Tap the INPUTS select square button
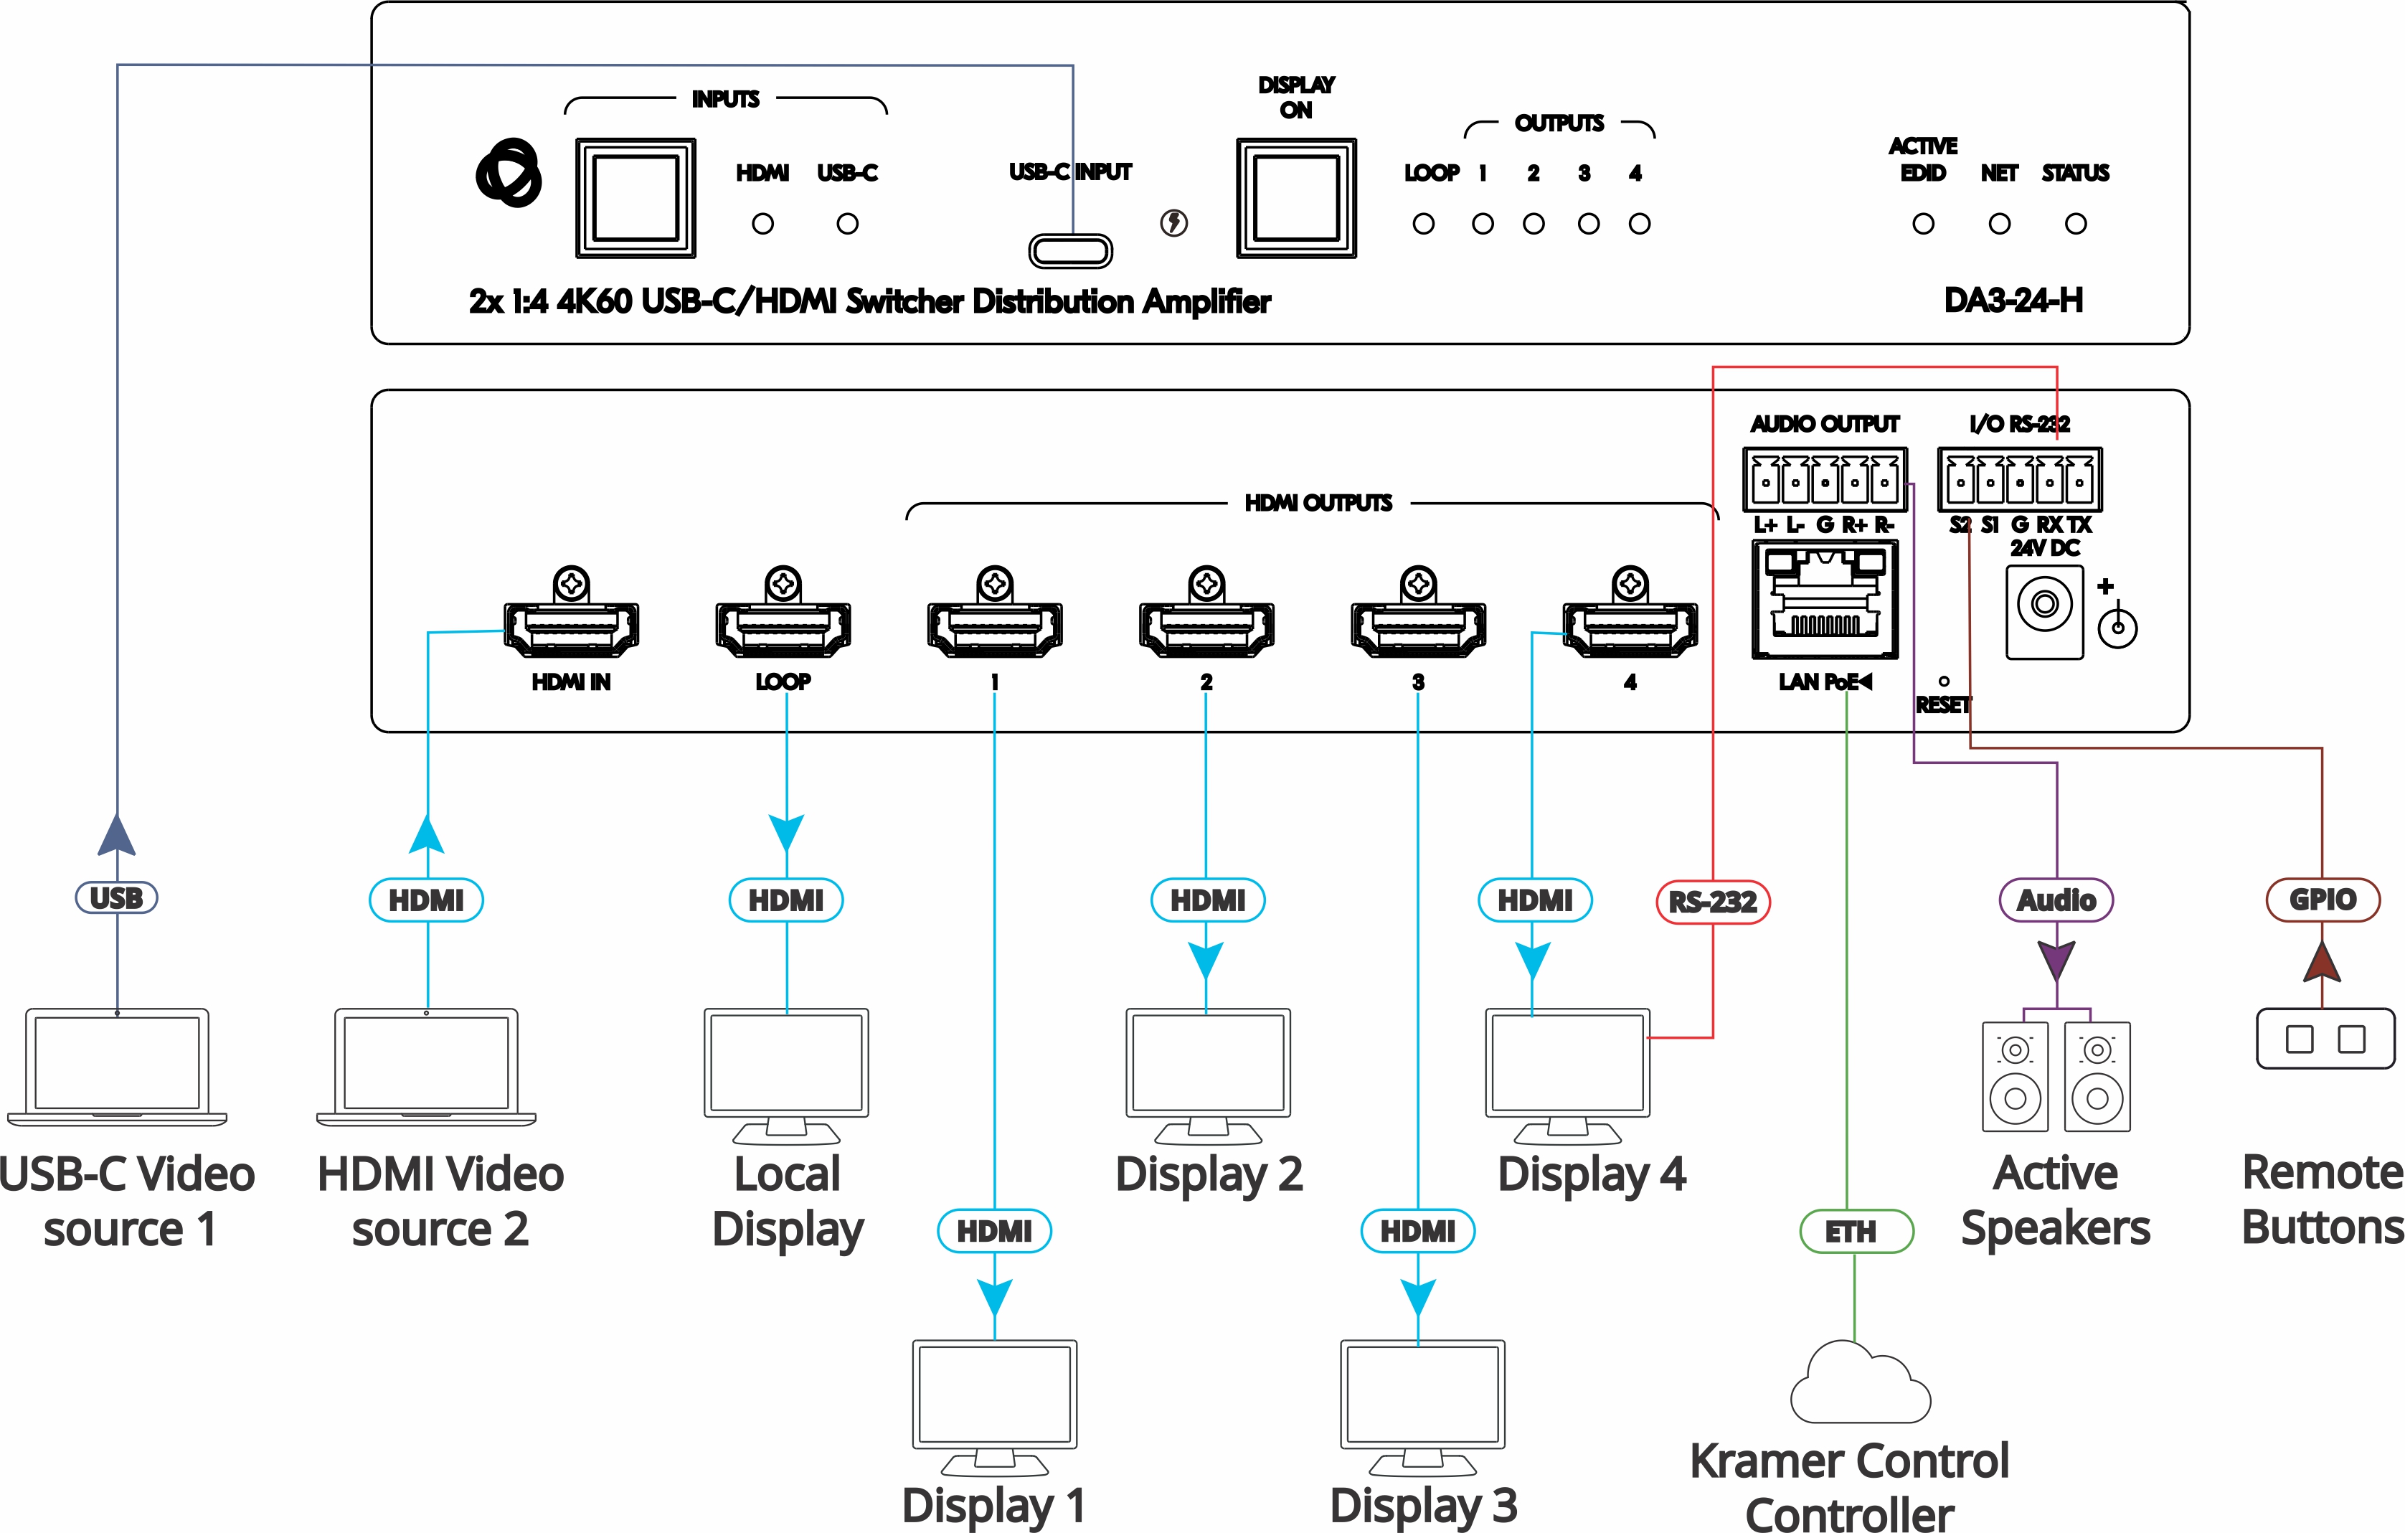(x=635, y=198)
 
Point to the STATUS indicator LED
(x=2074, y=224)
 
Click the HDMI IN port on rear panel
(x=571, y=626)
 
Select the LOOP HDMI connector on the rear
(x=783, y=626)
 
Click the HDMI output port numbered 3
(x=1418, y=626)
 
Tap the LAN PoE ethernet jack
(x=1825, y=599)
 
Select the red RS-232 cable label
(x=1713, y=901)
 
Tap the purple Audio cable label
(x=2056, y=900)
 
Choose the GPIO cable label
(x=2321, y=899)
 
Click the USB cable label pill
(x=117, y=897)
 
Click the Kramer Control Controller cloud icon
(x=1860, y=1386)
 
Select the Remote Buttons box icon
(x=2325, y=1039)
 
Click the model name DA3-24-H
(x=2013, y=300)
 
